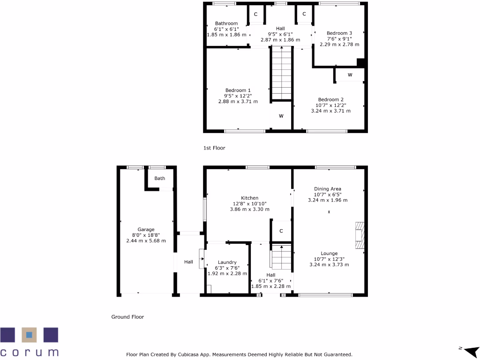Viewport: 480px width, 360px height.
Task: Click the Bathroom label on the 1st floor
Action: point(226,23)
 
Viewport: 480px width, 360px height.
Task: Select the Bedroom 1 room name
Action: point(238,90)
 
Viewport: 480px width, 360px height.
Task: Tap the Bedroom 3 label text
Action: point(339,33)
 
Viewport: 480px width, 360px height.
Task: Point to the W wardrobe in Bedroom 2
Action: point(350,75)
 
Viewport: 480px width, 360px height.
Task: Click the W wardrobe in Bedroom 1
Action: point(281,116)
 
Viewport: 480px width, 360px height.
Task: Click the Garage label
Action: point(146,230)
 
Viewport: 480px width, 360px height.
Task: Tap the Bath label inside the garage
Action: point(160,178)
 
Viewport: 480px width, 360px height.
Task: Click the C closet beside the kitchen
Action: point(281,231)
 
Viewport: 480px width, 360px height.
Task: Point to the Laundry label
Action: point(227,262)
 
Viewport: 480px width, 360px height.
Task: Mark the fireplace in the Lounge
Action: point(359,236)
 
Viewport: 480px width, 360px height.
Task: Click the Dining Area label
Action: point(328,189)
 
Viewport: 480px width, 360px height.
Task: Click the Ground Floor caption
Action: point(127,317)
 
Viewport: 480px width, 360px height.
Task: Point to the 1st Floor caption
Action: point(214,148)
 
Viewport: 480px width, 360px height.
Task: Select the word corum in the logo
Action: point(30,352)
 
